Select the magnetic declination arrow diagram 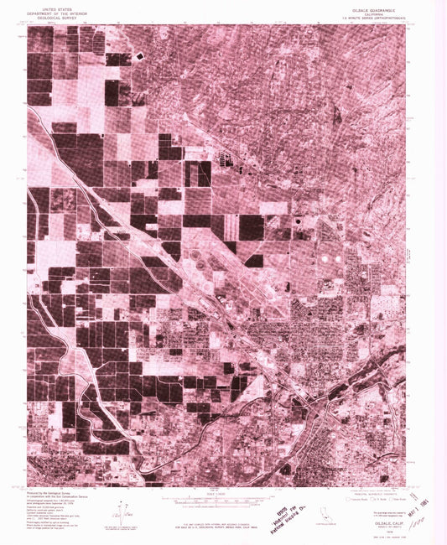tap(127, 511)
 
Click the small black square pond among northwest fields tap(138, 56)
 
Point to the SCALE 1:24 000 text tap(221, 492)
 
